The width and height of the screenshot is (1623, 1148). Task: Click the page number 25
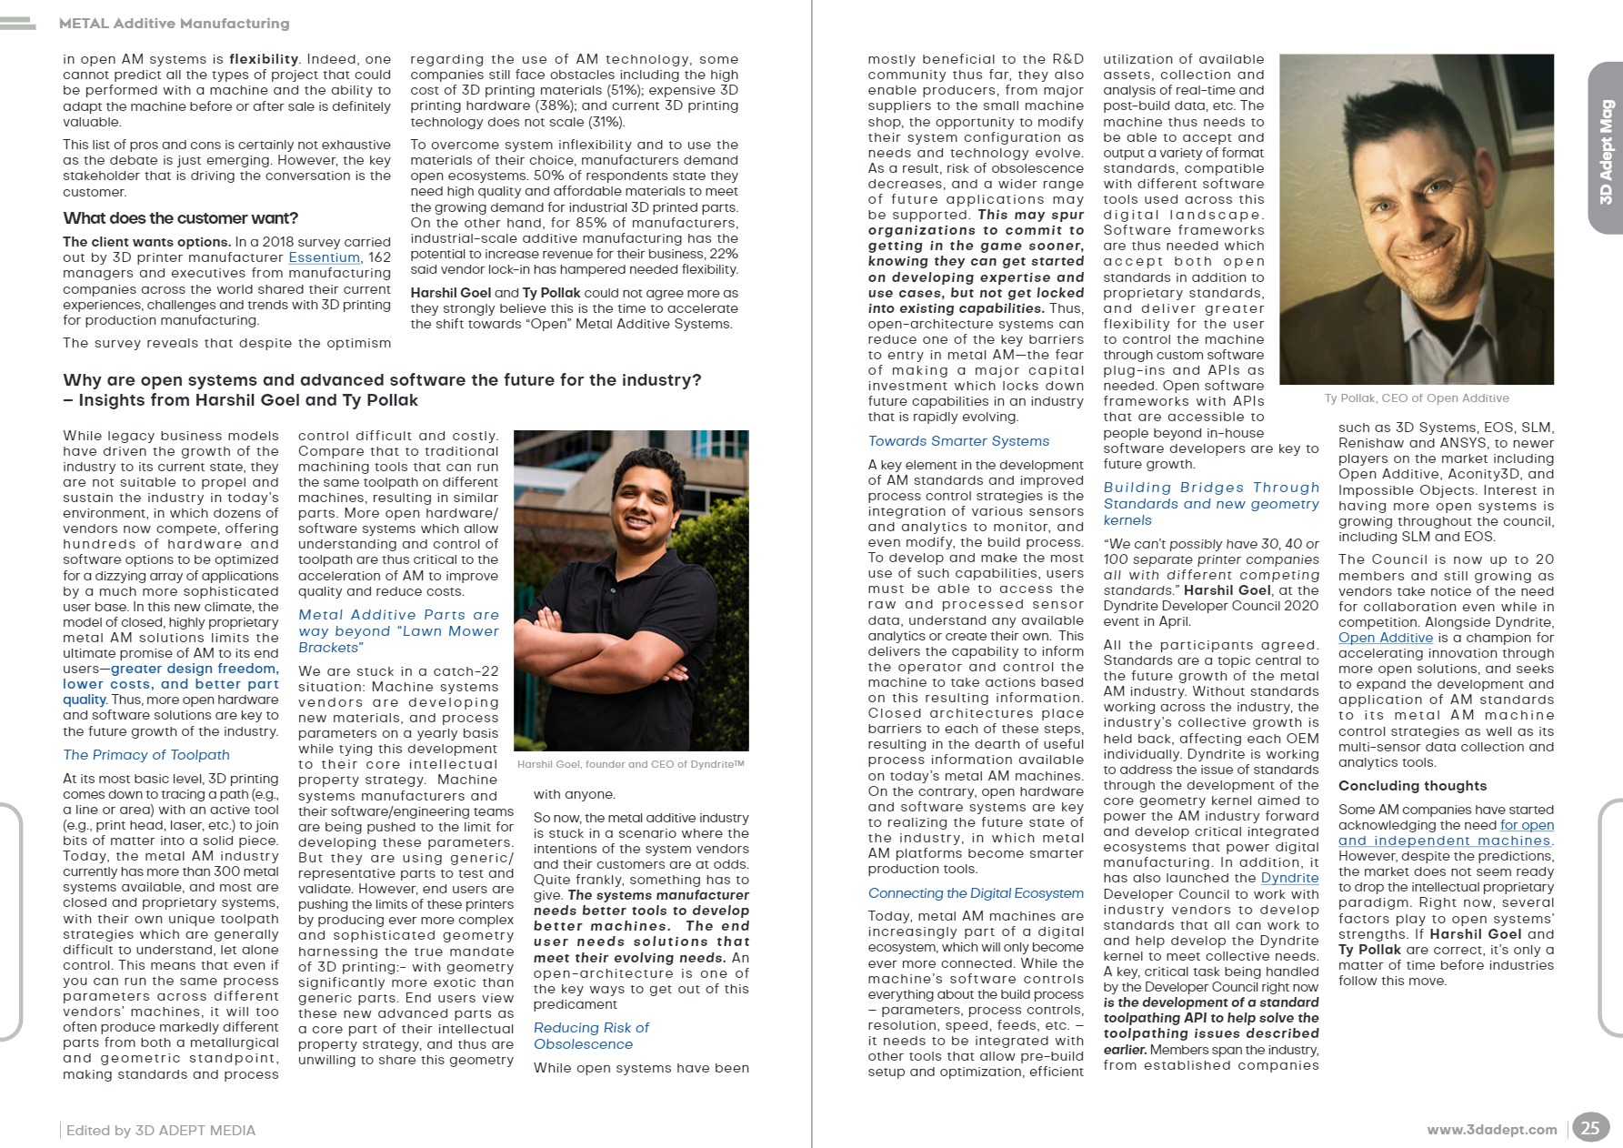[1589, 1128]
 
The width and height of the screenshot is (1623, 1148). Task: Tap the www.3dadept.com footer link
[1491, 1129]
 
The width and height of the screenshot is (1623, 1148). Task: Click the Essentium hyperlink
[324, 257]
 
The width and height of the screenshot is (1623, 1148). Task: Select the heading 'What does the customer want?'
[180, 218]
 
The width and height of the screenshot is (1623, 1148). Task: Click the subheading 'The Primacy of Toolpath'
[146, 754]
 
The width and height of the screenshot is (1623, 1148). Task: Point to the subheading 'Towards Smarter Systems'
[958, 441]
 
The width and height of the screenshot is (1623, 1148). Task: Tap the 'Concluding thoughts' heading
[1412, 786]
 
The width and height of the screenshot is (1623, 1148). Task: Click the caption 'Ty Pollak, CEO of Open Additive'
[1417, 398]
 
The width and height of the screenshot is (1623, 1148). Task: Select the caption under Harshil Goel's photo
[630, 764]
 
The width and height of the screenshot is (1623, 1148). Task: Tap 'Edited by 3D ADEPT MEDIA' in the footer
[161, 1130]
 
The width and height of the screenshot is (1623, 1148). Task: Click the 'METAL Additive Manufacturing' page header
[174, 24]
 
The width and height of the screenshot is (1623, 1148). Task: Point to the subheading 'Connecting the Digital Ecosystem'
[976, 893]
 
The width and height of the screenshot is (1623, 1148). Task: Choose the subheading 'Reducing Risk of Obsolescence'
[591, 1035]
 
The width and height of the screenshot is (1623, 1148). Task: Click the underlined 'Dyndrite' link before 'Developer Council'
[1289, 878]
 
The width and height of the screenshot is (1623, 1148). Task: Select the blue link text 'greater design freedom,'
[195, 669]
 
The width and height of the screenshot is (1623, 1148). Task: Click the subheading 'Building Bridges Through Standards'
[1211, 496]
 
